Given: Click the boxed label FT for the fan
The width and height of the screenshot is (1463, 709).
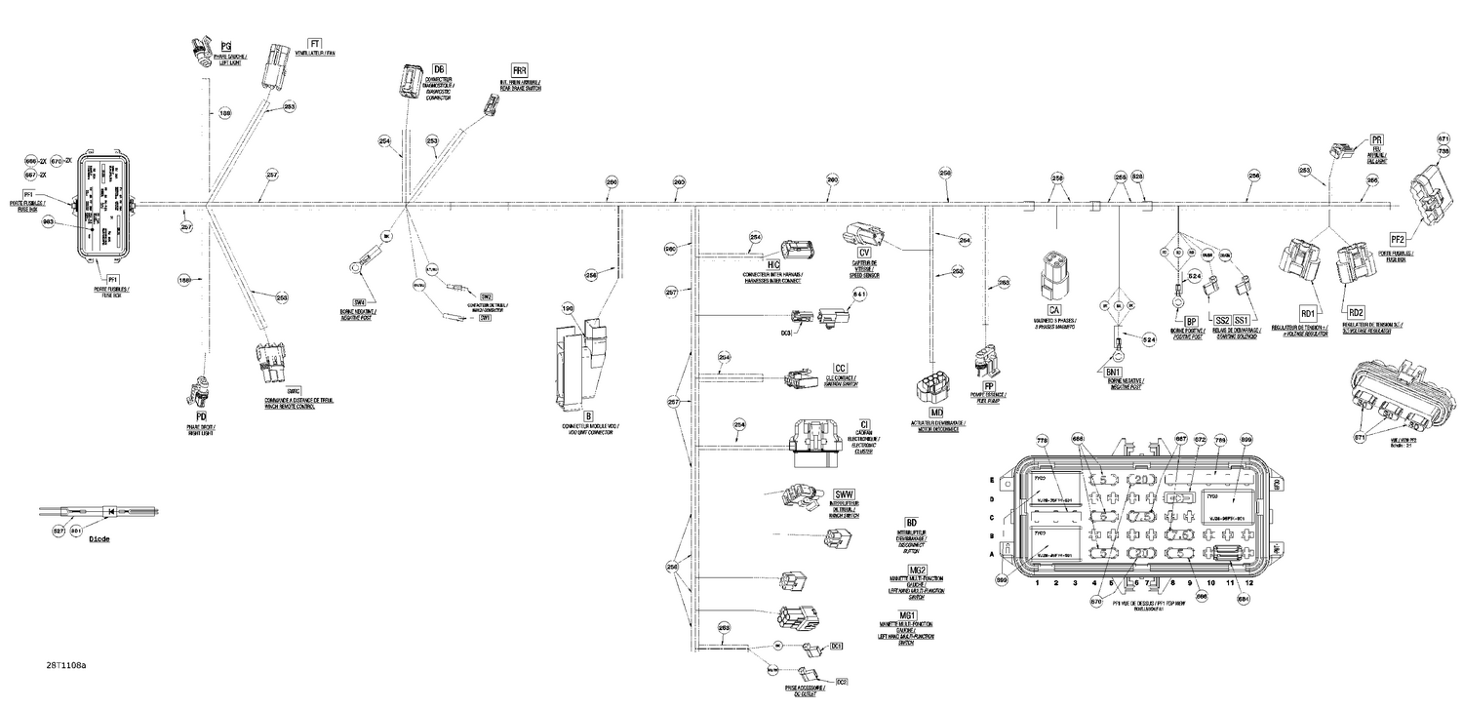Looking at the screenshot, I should point(314,45).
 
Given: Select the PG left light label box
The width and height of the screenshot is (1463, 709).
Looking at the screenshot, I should point(225,47).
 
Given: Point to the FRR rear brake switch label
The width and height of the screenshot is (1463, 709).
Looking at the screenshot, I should point(520,71).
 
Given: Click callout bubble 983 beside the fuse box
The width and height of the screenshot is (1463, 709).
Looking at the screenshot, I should point(48,222).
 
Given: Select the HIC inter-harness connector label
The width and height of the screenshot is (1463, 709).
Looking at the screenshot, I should point(773,264).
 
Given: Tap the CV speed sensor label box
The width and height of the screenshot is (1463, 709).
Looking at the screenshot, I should point(864,254).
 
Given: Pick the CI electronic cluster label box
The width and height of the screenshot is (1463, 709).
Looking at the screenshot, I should point(864,423).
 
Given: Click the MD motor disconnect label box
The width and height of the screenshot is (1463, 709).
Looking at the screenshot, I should point(936,414).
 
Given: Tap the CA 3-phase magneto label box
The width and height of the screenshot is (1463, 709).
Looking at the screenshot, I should point(1054,310).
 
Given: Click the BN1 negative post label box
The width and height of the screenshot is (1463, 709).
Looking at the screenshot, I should point(1114,372).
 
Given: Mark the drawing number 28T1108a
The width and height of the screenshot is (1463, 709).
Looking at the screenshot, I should point(65,665).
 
